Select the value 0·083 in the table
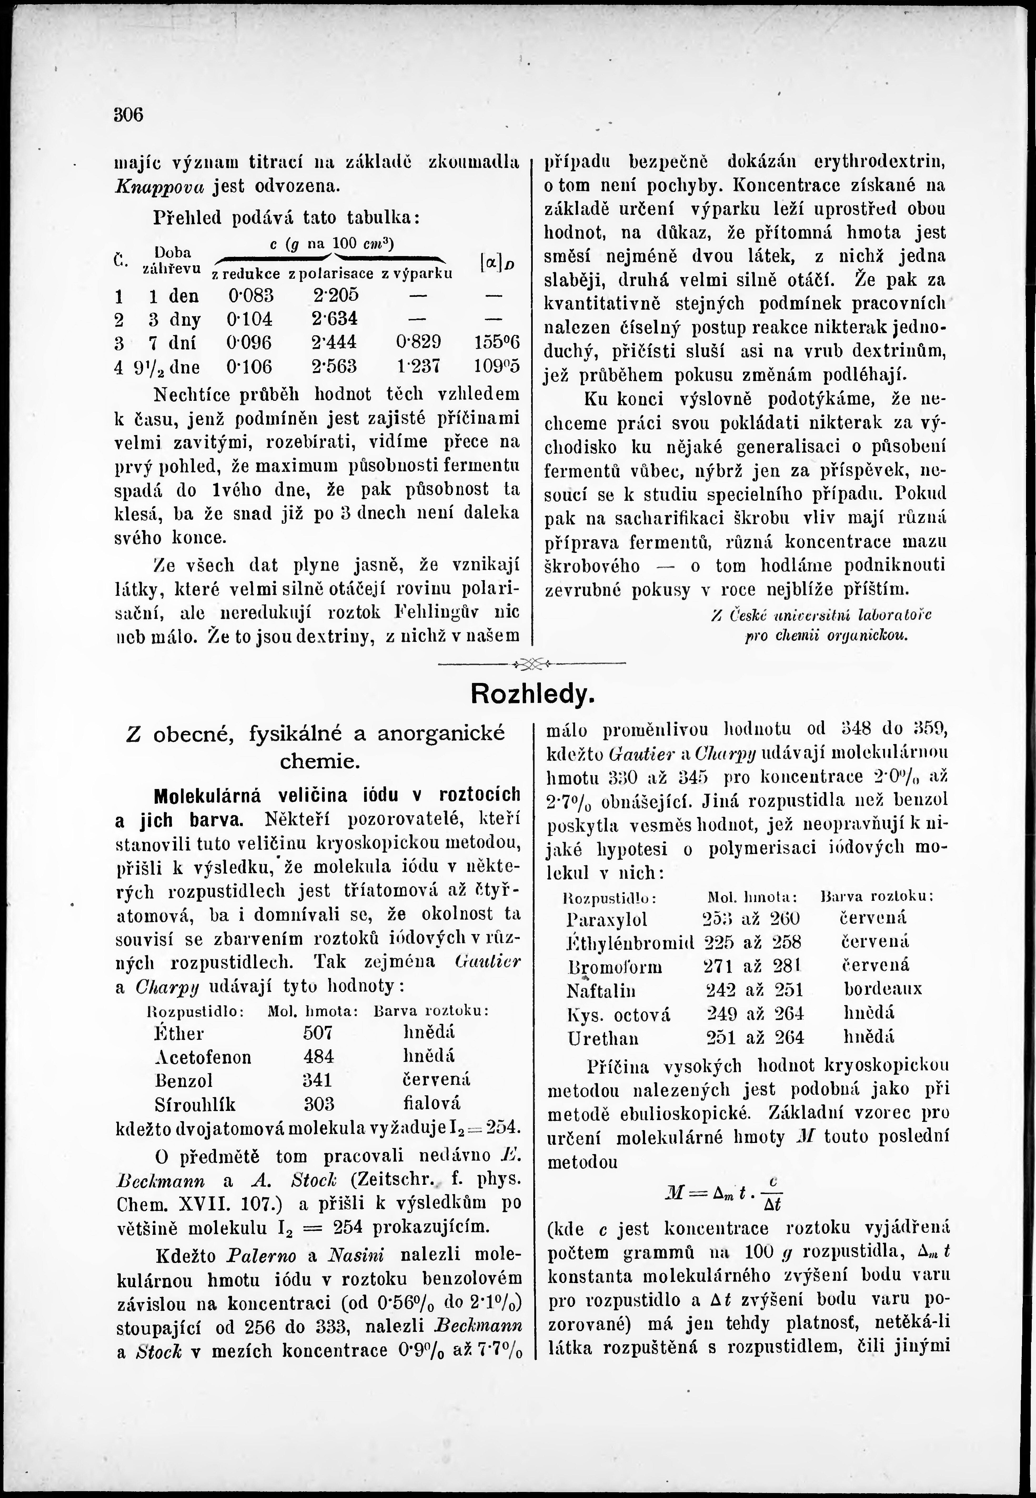pyautogui.click(x=251, y=296)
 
